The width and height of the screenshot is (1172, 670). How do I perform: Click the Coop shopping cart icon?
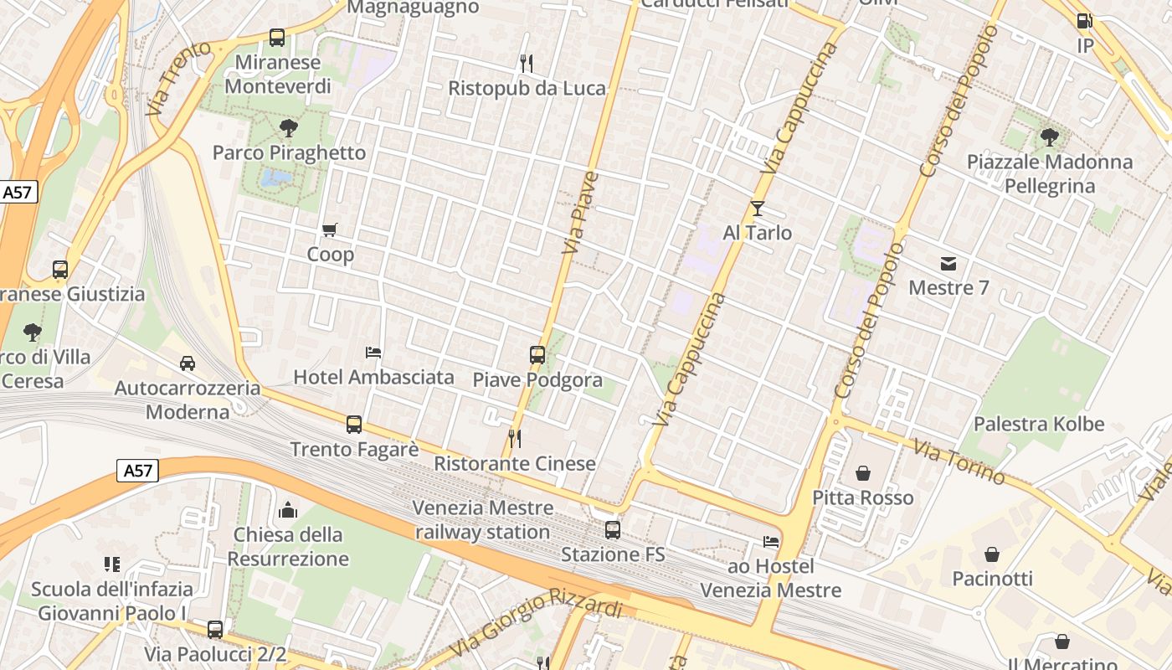point(330,229)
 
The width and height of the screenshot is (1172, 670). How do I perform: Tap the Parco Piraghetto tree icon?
point(289,128)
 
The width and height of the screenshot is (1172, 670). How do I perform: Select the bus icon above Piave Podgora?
point(537,355)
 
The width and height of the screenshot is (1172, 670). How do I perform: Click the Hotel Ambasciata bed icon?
point(373,353)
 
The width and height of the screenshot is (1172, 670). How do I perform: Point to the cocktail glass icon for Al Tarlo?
point(758,209)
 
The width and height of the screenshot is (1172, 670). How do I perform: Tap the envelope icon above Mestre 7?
point(948,264)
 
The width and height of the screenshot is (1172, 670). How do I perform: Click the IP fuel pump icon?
point(1084,21)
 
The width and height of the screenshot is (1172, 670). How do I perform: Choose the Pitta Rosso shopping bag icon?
point(863,474)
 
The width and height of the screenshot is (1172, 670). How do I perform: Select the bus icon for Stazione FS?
point(613,530)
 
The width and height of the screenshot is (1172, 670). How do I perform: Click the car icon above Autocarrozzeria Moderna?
point(188,363)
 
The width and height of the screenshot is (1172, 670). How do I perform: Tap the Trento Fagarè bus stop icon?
point(354,425)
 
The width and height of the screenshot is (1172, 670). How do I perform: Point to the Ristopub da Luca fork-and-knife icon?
point(527,63)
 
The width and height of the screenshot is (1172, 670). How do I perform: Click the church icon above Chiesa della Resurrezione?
point(288,510)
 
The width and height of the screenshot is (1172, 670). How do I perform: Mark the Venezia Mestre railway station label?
point(483,519)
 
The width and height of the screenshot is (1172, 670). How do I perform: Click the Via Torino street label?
point(959,461)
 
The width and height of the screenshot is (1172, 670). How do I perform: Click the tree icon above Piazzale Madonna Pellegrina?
point(1050,137)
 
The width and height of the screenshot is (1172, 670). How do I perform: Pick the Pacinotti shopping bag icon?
point(992,554)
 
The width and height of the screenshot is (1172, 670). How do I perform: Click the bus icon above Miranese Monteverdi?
point(277,38)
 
